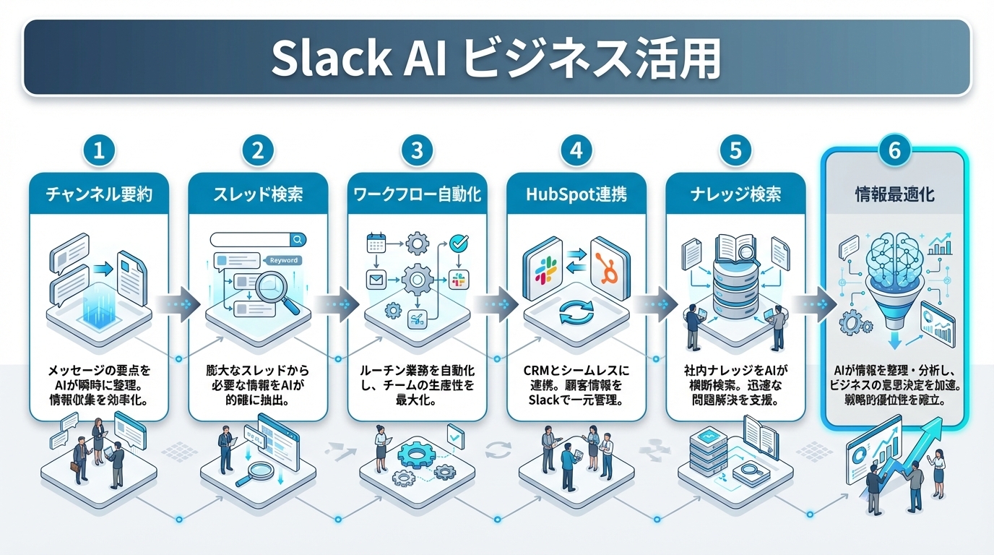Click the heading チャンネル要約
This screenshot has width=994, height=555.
tap(99, 194)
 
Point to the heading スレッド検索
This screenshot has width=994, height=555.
tap(258, 194)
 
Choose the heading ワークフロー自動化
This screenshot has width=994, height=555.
tap(417, 194)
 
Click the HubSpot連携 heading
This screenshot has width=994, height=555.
tap(576, 194)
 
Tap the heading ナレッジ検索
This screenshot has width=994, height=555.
tap(735, 194)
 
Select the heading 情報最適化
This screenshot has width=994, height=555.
tap(894, 194)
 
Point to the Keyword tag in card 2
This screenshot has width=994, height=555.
tap(282, 260)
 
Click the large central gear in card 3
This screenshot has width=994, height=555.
tap(417, 278)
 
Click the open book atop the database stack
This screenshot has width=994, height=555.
tap(735, 249)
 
